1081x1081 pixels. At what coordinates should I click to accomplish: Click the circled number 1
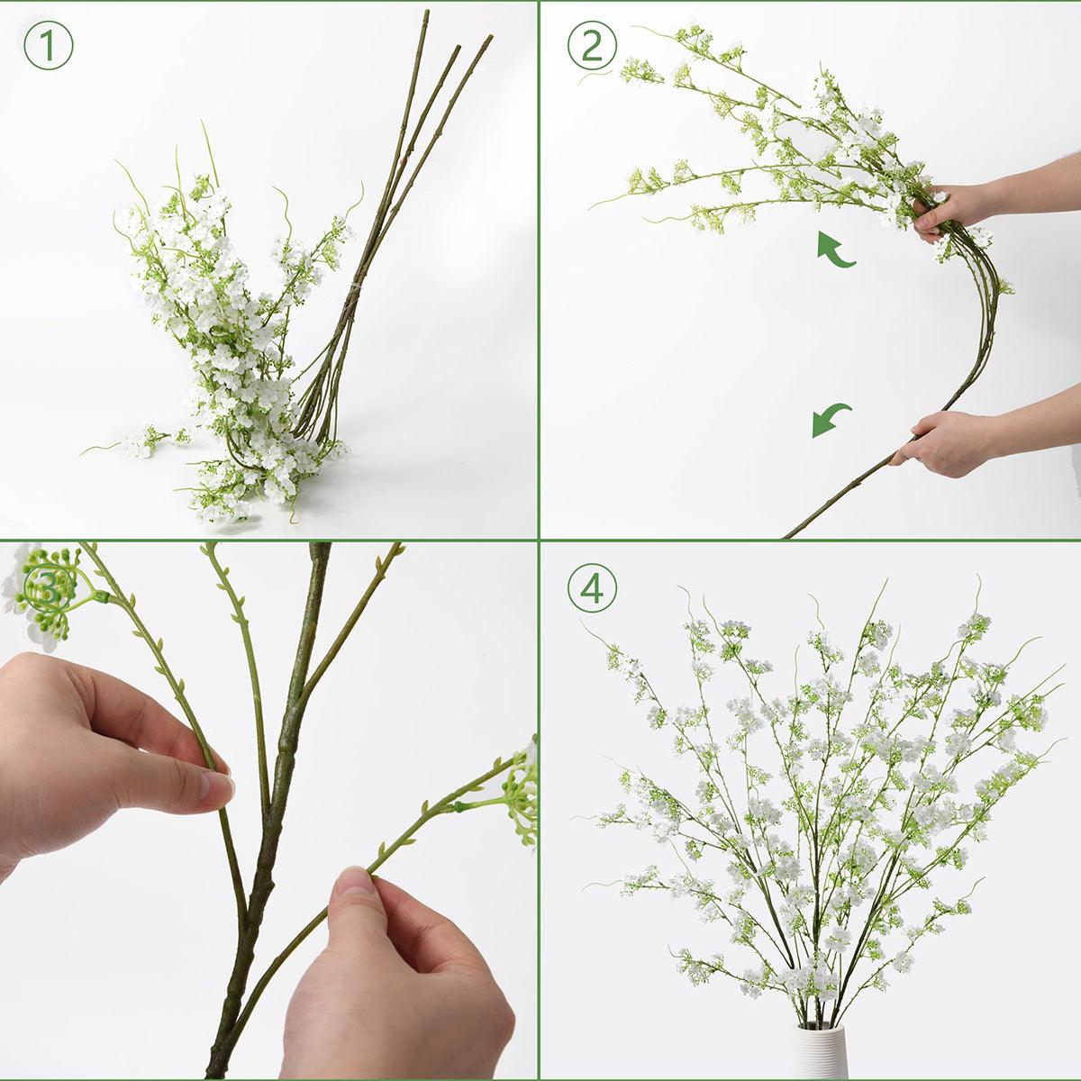pyautogui.click(x=47, y=47)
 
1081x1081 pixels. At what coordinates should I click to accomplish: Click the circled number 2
pyautogui.click(x=592, y=46)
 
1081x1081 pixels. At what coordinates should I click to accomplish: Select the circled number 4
pyautogui.click(x=592, y=591)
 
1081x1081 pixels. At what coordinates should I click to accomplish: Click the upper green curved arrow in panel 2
pyautogui.click(x=835, y=250)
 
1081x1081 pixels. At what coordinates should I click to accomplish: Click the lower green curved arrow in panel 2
pyautogui.click(x=831, y=420)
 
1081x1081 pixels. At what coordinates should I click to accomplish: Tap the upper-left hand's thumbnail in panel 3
pyautogui.click(x=216, y=789)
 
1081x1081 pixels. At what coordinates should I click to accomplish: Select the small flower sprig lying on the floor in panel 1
pyautogui.click(x=144, y=441)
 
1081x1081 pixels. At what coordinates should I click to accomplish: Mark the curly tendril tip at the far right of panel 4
pyautogui.click(x=1061, y=670)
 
